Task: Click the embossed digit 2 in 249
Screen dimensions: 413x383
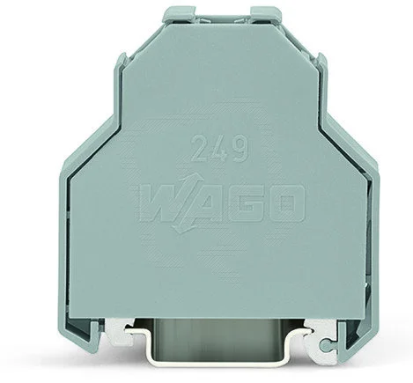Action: tap(200, 148)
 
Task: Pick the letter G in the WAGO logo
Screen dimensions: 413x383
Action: tap(249, 203)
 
